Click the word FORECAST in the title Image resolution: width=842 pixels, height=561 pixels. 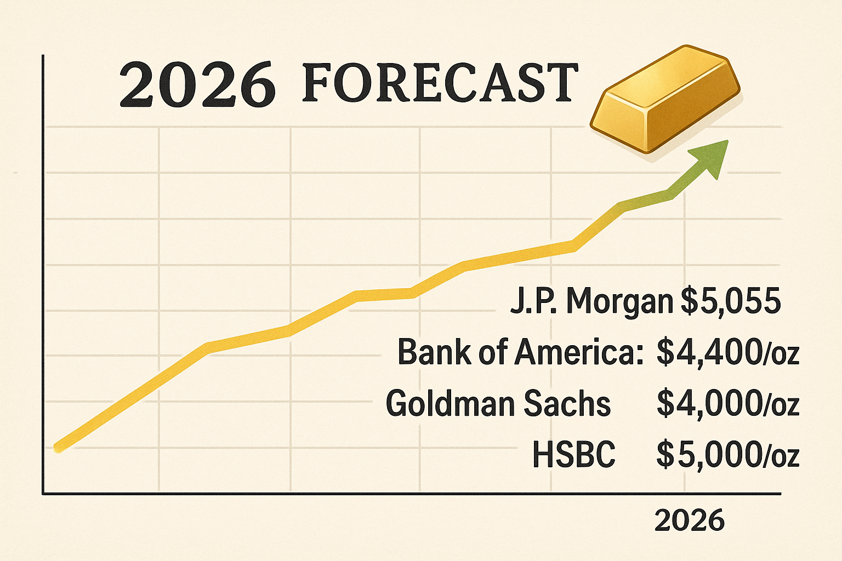[440, 83]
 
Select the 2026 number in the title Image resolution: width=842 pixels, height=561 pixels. [197, 85]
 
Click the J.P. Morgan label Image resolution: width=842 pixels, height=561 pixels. [591, 301]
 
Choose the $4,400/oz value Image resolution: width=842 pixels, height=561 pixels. [727, 353]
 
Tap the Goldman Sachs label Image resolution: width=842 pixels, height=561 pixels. [498, 404]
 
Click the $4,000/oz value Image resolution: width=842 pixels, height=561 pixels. [727, 404]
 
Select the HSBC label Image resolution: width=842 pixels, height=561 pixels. [573, 455]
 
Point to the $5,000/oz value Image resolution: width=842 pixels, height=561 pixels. [727, 455]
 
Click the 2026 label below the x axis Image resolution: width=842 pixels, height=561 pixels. [689, 520]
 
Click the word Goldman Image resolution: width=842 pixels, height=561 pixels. [451, 404]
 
